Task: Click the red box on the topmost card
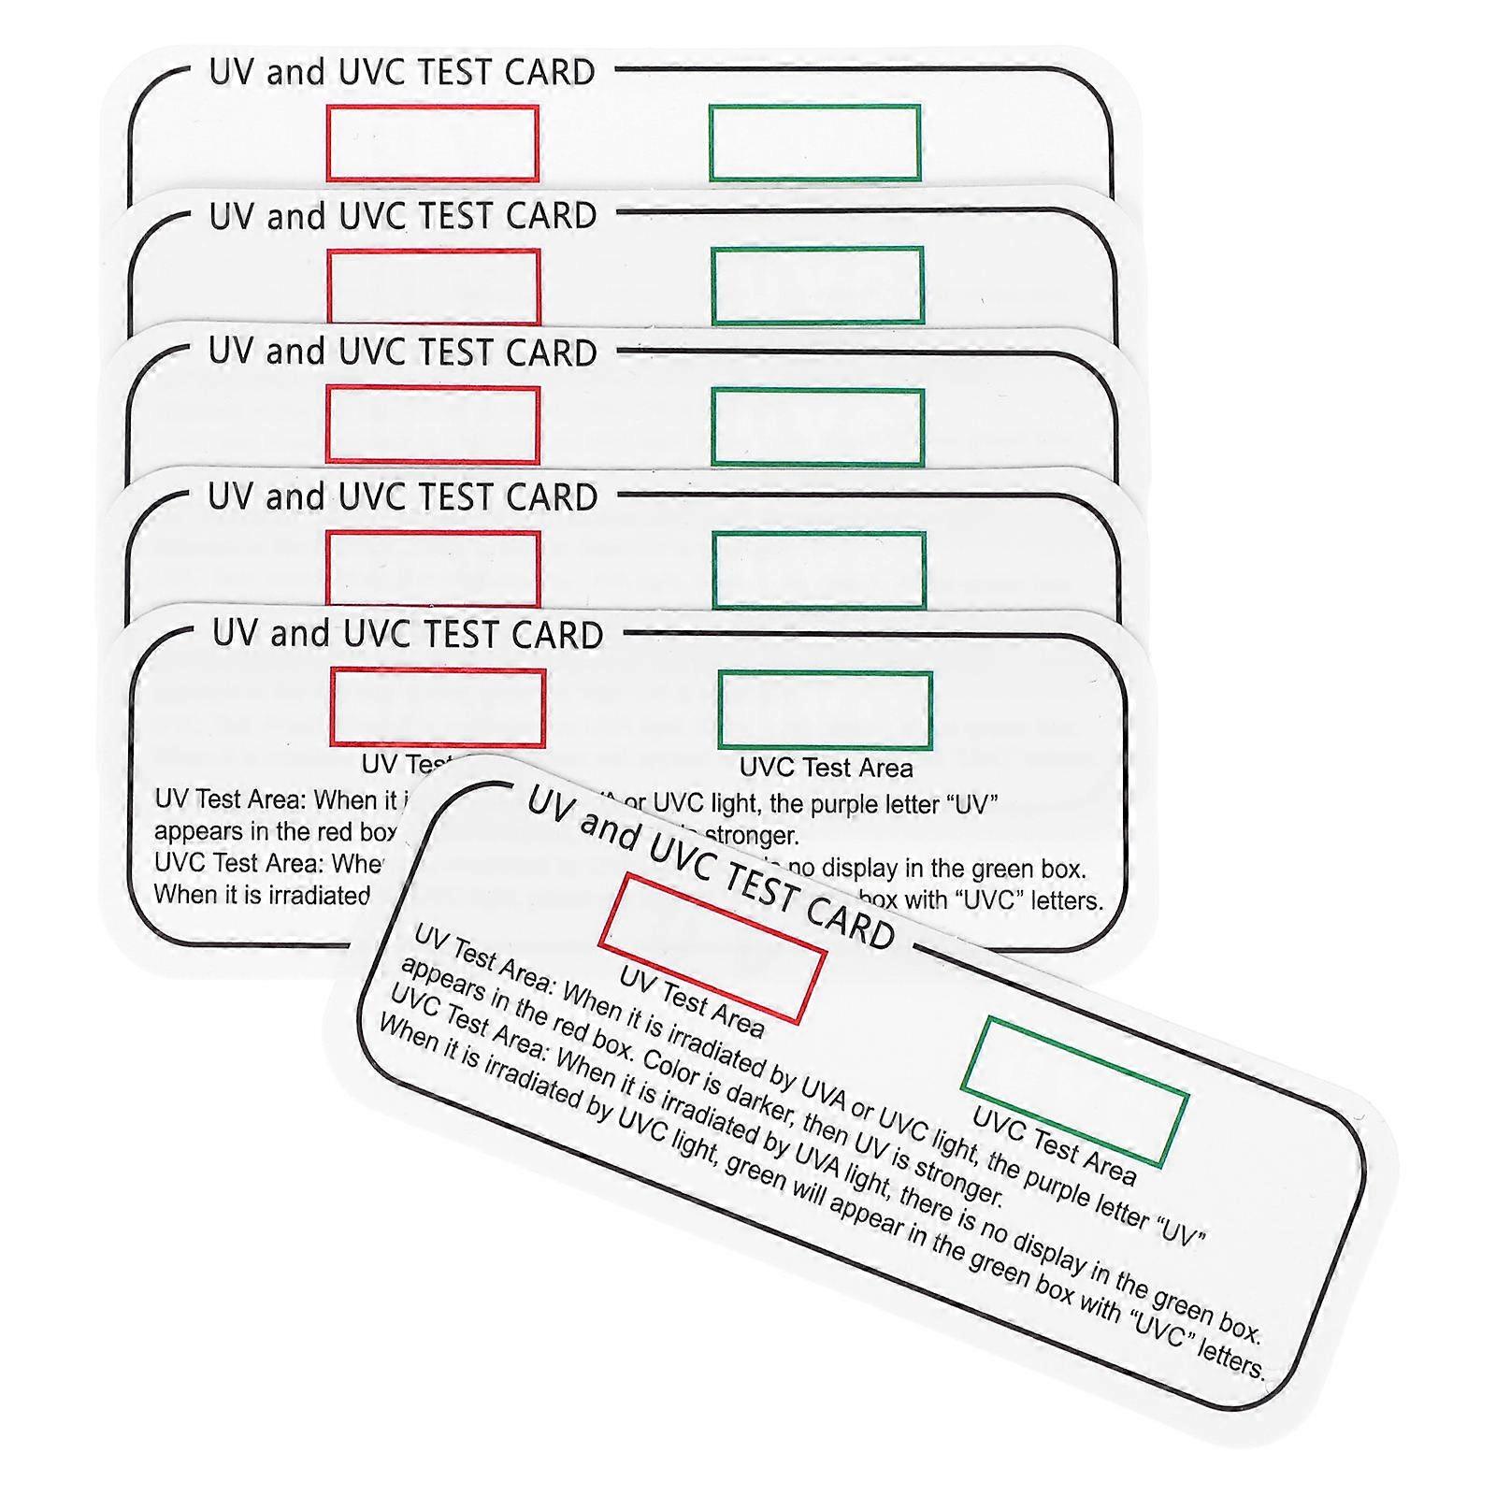(432, 143)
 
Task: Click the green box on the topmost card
(814, 142)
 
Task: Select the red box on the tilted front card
(712, 947)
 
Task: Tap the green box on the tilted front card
(1074, 1092)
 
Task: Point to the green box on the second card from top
(817, 286)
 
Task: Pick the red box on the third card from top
(433, 424)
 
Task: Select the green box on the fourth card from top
(819, 570)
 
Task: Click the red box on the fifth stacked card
(438, 708)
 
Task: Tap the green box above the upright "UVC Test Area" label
(825, 711)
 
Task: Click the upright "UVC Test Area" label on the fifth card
(826, 769)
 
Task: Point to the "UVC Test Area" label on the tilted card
(1055, 1145)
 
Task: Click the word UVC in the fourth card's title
(374, 497)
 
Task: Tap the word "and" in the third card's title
(295, 352)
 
